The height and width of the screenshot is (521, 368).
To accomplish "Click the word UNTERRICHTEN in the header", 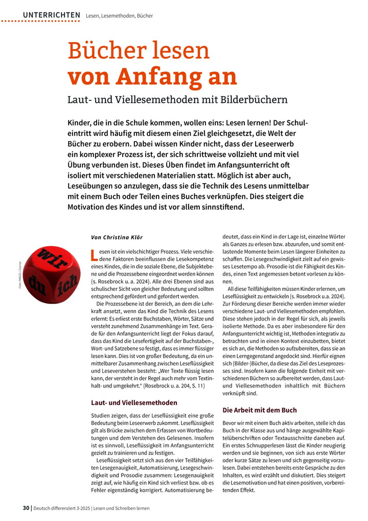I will click(52, 15).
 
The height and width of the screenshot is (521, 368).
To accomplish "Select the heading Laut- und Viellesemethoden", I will click(134, 402).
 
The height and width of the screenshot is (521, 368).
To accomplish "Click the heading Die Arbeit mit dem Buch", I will click(260, 410).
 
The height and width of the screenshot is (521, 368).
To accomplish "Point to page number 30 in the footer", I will click(26, 508).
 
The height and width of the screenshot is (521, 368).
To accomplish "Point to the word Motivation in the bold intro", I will click(89, 207).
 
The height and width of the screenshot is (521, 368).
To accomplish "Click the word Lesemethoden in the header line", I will click(116, 15).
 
